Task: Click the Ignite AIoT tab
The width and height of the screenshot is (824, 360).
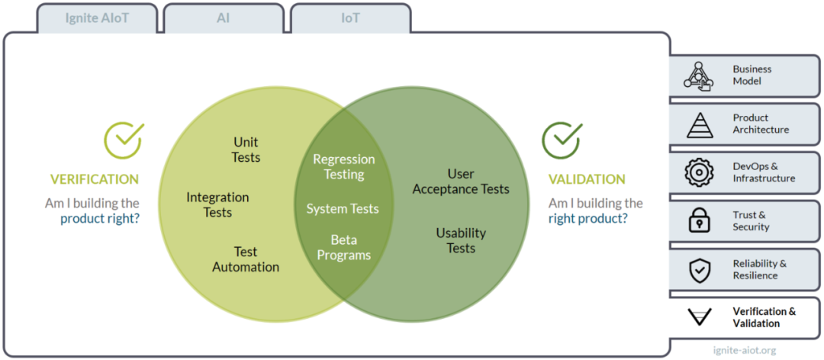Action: [x=97, y=18]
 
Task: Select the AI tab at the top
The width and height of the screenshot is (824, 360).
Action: [x=224, y=18]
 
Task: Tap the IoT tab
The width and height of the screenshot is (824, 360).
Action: [x=350, y=18]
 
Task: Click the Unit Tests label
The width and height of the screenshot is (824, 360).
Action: [x=246, y=149]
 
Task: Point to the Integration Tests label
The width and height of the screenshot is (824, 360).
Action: [x=217, y=205]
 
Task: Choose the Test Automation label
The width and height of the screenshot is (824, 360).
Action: [x=246, y=259]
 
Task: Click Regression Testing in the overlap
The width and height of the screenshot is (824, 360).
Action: [x=344, y=166]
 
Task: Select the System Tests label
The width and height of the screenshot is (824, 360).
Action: [x=343, y=209]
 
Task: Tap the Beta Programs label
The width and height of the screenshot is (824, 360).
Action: [x=343, y=248]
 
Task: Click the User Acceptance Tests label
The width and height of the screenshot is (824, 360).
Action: [x=461, y=182]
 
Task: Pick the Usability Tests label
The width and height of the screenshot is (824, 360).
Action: [x=461, y=240]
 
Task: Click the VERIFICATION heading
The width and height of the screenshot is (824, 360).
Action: [x=95, y=179]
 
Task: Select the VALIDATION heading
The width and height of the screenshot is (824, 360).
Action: [x=587, y=179]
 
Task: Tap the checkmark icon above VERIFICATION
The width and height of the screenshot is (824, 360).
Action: [x=124, y=140]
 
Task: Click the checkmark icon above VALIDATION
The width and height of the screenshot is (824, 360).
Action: [x=562, y=140]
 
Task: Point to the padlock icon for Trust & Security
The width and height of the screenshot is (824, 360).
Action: [x=699, y=220]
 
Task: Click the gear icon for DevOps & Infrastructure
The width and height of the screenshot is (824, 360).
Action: [x=699, y=172]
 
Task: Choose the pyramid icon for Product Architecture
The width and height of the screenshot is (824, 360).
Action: [x=699, y=125]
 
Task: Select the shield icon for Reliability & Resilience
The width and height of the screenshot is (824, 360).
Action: [x=700, y=269]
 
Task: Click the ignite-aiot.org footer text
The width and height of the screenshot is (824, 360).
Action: [x=743, y=350]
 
